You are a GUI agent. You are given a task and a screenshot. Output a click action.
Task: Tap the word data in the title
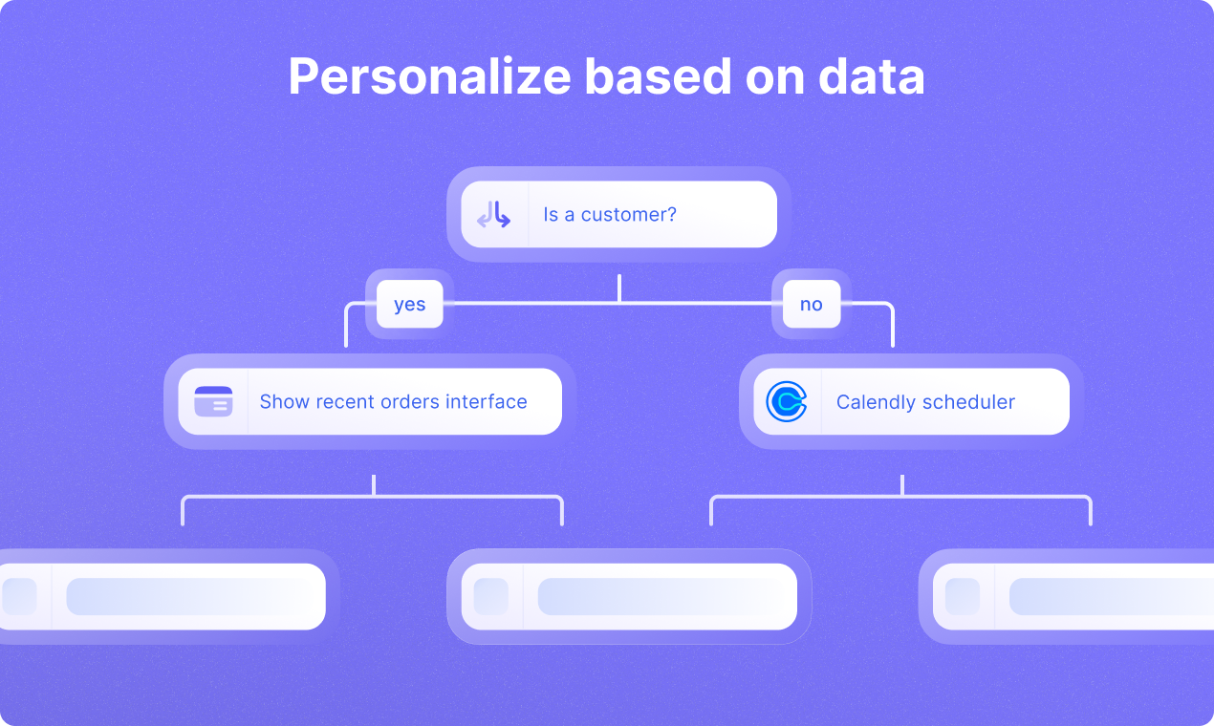871,77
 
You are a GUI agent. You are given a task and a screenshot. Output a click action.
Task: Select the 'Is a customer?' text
610,215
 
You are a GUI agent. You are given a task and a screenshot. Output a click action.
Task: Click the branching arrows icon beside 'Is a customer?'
494,215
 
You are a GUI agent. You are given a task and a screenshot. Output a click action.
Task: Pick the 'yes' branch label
409,305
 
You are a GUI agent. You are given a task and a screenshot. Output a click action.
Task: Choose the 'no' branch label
811,305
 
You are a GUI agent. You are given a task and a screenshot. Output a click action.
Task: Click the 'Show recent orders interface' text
393,402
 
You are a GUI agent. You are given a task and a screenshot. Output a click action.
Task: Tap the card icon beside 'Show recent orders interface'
213,402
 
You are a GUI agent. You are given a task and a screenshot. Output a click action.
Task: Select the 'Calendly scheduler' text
925,402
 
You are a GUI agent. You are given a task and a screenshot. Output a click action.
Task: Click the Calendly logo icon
787,402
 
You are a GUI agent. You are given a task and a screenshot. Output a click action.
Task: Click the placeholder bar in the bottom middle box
660,597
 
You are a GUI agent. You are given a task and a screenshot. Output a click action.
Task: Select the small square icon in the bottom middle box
491,597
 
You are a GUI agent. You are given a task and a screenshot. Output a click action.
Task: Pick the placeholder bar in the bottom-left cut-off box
191,597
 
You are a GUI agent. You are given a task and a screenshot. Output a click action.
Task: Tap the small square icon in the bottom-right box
963,597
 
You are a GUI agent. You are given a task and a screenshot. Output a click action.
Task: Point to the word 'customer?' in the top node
629,215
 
